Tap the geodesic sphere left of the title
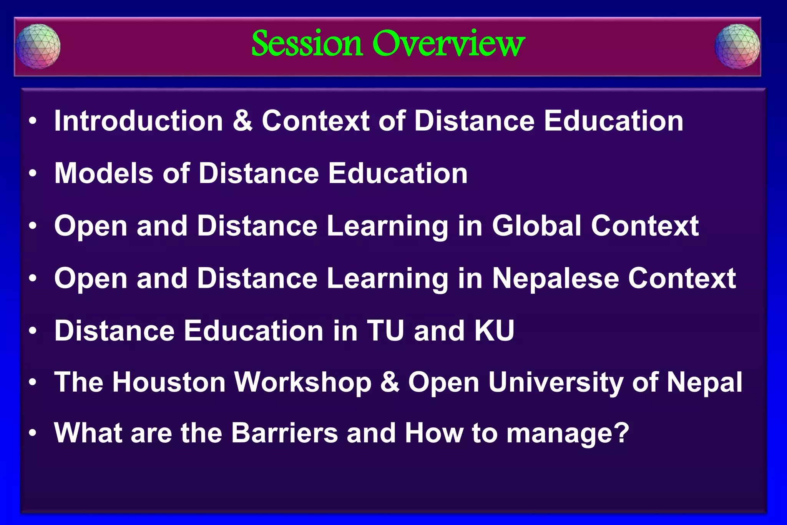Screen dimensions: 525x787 coord(38,47)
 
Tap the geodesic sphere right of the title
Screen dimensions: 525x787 coord(737,47)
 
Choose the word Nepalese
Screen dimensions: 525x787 coord(555,278)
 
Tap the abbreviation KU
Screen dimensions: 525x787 coord(494,331)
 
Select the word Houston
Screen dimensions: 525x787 coord(169,382)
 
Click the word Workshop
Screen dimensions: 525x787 coord(303,382)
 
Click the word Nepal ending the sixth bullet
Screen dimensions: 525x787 coord(704,383)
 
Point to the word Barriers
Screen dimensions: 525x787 coord(284,433)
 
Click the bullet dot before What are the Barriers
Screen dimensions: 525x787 coord(33,434)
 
